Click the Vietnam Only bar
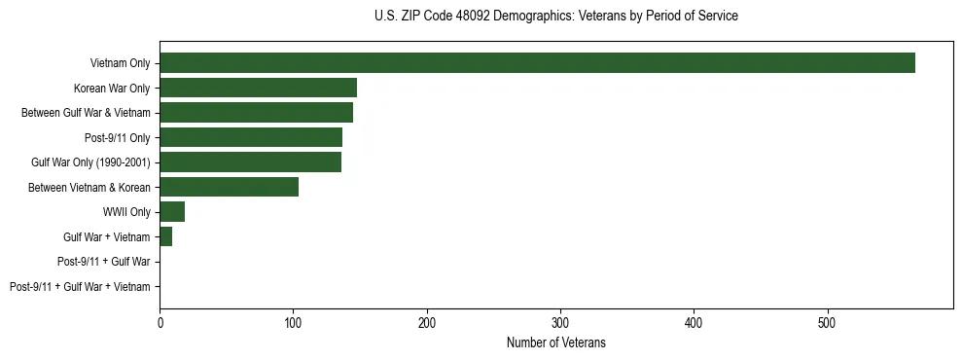[537, 63]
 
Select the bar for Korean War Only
[258, 89]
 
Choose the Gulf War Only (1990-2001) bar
[250, 162]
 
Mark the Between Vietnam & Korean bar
[229, 187]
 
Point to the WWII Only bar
[172, 212]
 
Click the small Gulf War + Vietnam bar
[165, 236]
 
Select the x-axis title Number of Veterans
[555, 342]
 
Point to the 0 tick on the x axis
[160, 322]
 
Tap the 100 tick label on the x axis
[293, 322]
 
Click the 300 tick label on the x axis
[560, 322]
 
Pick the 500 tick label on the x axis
[827, 322]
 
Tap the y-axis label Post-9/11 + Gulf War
[103, 262]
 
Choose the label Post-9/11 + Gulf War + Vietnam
[80, 286]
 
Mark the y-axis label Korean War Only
[112, 89]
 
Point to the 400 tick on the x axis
[694, 322]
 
